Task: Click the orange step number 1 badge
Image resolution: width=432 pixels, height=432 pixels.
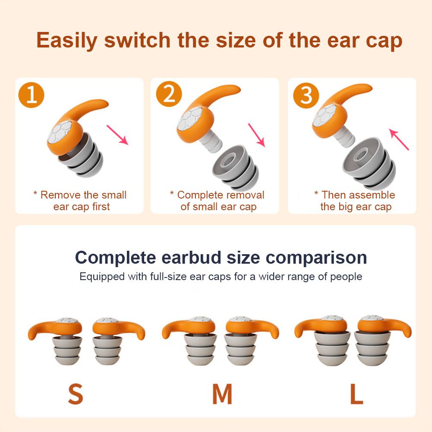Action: pyautogui.click(x=32, y=95)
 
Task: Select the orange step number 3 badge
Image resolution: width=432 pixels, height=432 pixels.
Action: pyautogui.click(x=306, y=95)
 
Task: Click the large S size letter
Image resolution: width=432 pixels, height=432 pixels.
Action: pyautogui.click(x=75, y=393)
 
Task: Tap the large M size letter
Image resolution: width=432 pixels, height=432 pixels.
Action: pyautogui.click(x=222, y=393)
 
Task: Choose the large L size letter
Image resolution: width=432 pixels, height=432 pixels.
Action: pyautogui.click(x=356, y=393)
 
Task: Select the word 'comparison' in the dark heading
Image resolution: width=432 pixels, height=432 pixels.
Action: pyautogui.click(x=316, y=258)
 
